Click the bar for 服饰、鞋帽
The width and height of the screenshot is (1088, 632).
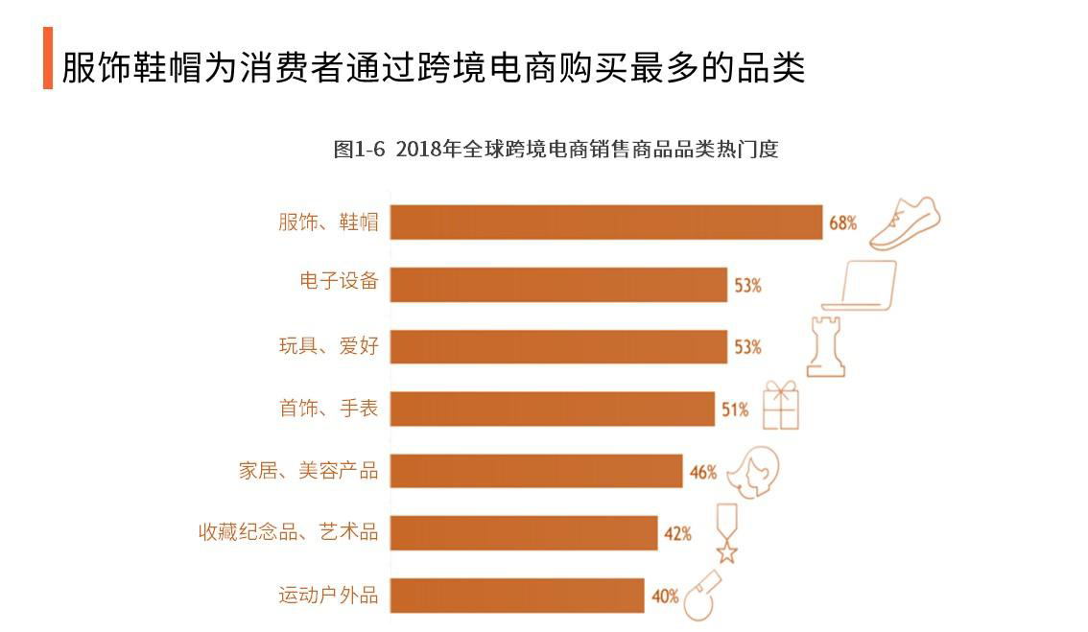(x=606, y=222)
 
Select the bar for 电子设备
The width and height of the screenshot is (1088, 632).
(x=558, y=284)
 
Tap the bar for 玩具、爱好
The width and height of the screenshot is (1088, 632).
(x=558, y=346)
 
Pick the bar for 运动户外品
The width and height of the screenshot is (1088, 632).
(x=517, y=595)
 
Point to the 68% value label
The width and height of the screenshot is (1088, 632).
(x=842, y=223)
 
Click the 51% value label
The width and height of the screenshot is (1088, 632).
(x=735, y=410)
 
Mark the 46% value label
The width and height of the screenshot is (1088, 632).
(x=702, y=472)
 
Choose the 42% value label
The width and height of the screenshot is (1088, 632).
(x=677, y=534)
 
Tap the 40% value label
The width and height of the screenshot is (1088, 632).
(x=665, y=596)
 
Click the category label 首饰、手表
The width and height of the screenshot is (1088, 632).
(x=328, y=410)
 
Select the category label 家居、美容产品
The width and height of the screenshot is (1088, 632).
(x=308, y=471)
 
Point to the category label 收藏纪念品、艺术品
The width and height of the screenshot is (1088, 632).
(x=288, y=533)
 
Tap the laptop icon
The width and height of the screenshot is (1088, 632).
(x=859, y=285)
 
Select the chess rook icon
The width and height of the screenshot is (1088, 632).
(x=827, y=345)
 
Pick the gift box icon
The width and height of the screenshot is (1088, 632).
(x=781, y=406)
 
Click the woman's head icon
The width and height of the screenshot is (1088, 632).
(x=752, y=470)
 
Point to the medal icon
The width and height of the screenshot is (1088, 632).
(x=728, y=533)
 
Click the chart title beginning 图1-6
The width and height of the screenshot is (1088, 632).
(x=556, y=149)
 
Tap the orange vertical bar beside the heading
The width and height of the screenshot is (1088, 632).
(x=48, y=59)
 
